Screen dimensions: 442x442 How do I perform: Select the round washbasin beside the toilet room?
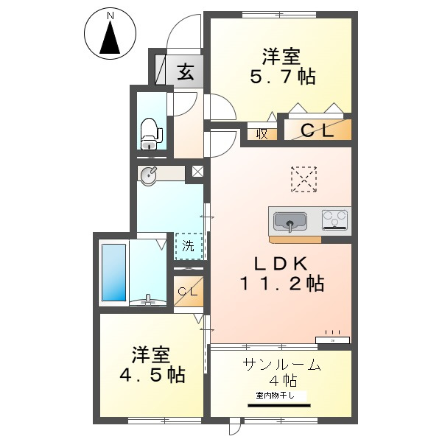click(x=149, y=175)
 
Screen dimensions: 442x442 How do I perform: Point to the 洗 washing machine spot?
click(x=189, y=245)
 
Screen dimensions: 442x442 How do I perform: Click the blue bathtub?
click(x=114, y=272)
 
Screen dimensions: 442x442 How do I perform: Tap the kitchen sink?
click(x=292, y=220)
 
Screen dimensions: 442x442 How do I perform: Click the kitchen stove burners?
click(x=335, y=220)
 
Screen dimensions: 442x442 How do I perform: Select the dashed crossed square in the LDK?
click(x=304, y=179)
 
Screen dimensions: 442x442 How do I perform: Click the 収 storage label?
click(x=262, y=133)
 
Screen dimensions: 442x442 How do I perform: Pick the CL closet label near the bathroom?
click(x=188, y=292)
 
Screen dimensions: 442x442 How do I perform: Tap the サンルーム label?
click(x=282, y=365)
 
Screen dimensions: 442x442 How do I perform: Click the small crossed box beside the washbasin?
click(x=197, y=172)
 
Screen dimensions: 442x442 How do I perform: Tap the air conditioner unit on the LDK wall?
click(x=332, y=340)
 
